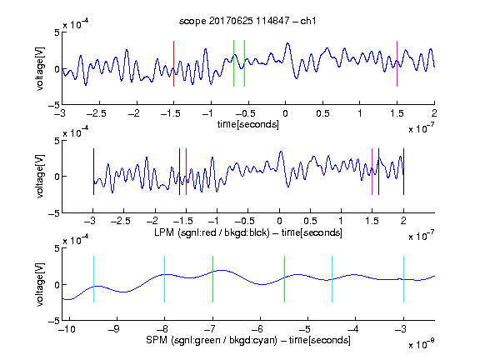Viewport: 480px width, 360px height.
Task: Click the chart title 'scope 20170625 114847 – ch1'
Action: click(x=247, y=21)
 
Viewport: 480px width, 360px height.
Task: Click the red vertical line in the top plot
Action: click(x=173, y=63)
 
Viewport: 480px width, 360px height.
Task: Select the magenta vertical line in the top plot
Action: click(x=397, y=63)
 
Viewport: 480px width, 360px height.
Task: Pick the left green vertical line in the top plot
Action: click(x=233, y=63)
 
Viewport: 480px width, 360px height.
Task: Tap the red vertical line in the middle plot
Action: click(x=186, y=172)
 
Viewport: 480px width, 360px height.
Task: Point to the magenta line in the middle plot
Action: click(x=372, y=172)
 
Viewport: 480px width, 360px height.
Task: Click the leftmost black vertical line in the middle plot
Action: click(x=93, y=172)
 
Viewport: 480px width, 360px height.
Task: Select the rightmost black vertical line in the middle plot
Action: click(x=404, y=172)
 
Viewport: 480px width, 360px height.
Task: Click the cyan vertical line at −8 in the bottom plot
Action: click(x=165, y=279)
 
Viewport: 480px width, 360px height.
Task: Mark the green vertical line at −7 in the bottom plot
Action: click(x=212, y=279)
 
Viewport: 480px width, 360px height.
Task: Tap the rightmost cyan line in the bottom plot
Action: click(x=404, y=279)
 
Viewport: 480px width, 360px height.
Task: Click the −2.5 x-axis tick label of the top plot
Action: click(x=97, y=113)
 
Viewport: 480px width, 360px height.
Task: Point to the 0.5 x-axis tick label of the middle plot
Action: click(x=310, y=221)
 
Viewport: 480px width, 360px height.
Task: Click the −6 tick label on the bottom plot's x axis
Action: click(x=257, y=329)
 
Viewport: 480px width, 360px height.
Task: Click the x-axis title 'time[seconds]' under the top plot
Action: click(x=248, y=124)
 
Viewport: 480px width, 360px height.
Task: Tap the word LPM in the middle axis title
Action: click(x=164, y=232)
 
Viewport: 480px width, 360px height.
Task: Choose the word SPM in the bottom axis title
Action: click(x=157, y=340)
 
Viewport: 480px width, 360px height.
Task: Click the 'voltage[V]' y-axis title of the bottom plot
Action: click(x=40, y=284)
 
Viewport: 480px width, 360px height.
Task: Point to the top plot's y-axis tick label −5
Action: click(x=54, y=106)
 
